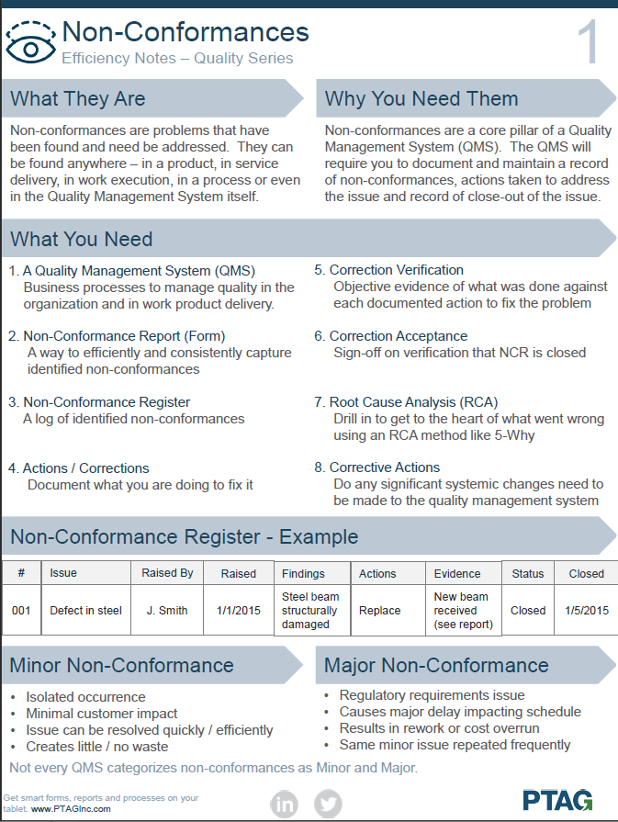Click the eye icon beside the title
click(x=30, y=41)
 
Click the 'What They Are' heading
click(x=78, y=99)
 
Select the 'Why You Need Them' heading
click(x=421, y=99)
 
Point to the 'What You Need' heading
click(x=82, y=240)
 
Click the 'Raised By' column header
click(x=167, y=573)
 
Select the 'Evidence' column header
click(x=457, y=574)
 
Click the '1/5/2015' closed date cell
click(x=587, y=610)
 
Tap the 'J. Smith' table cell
click(x=167, y=610)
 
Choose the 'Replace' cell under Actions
click(x=379, y=610)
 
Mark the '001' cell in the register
click(x=21, y=610)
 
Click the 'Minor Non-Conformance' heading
click(x=122, y=665)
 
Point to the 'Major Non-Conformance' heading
click(x=437, y=665)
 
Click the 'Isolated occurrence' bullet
click(x=85, y=697)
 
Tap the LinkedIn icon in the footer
click(x=285, y=804)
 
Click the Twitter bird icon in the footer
click(x=328, y=804)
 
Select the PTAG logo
click(x=557, y=799)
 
